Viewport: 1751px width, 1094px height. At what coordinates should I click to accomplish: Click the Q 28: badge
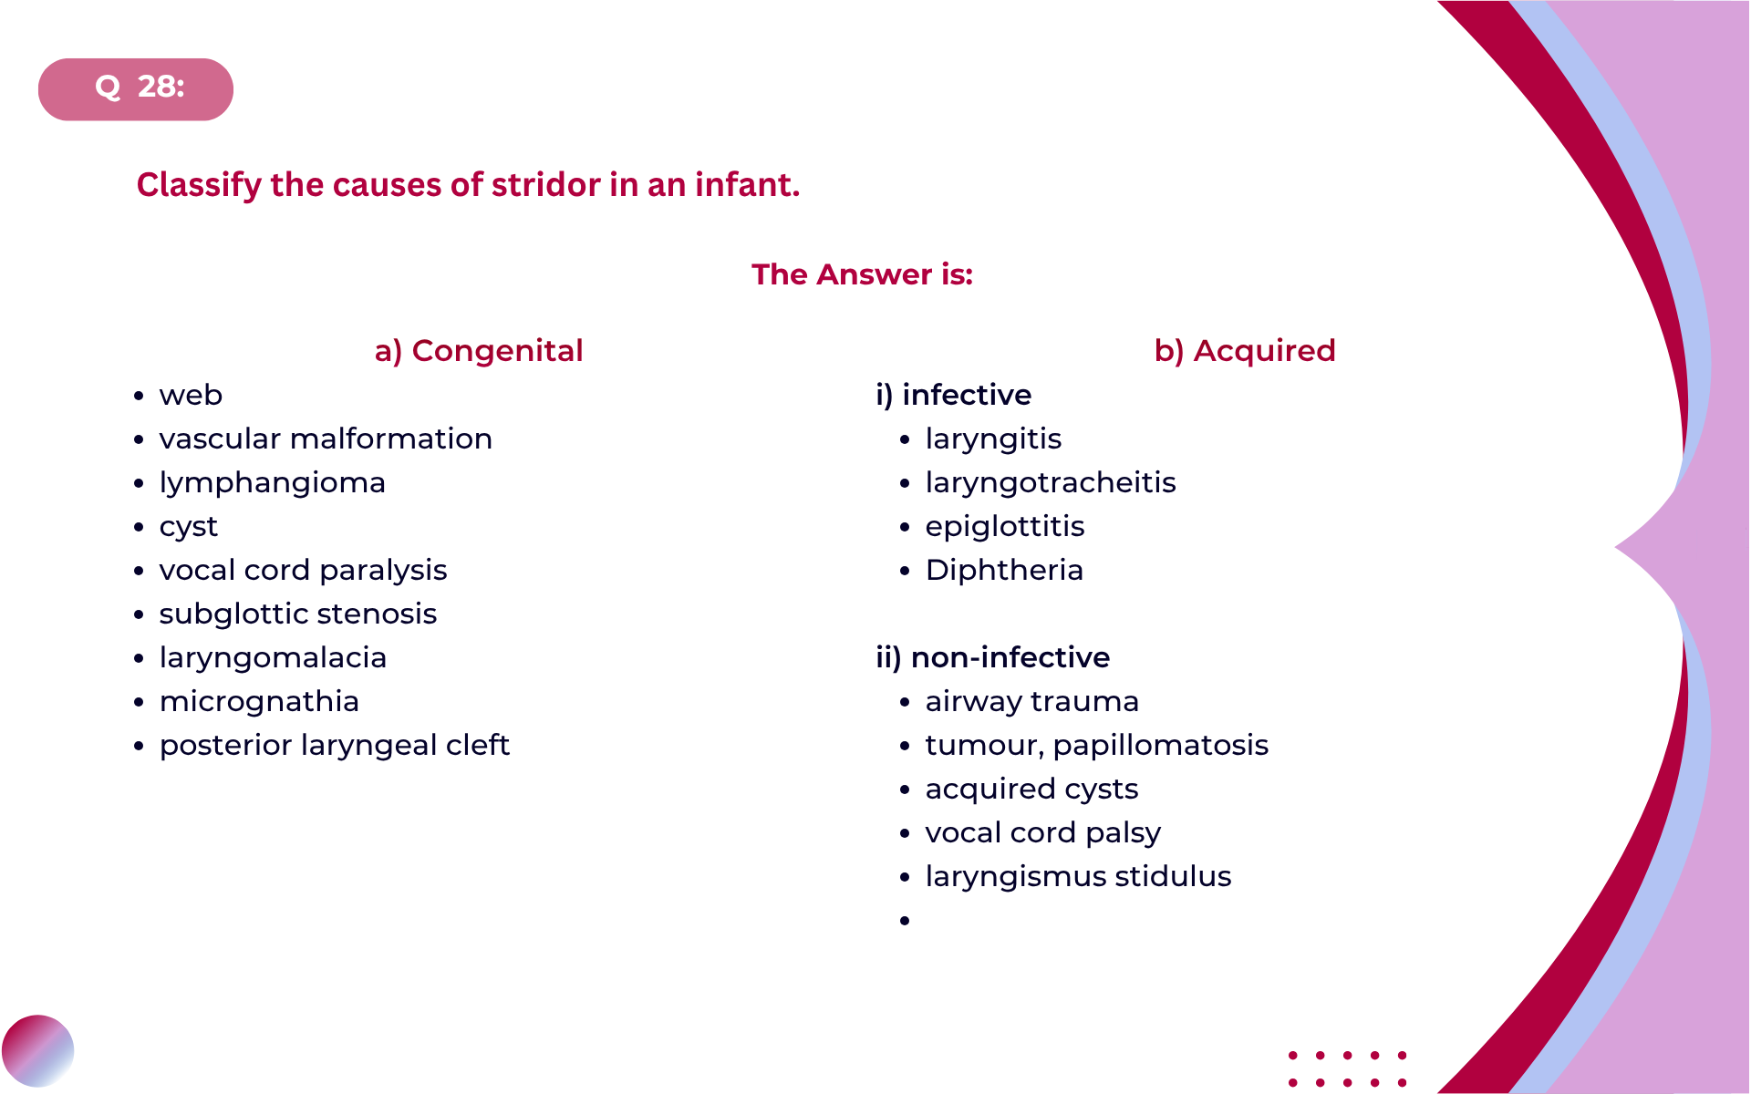[x=136, y=89]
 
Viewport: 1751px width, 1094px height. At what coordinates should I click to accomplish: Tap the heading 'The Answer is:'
[x=862, y=274]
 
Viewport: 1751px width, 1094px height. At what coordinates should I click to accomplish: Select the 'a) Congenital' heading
[x=479, y=351]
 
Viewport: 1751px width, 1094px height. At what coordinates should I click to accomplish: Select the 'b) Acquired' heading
[x=1245, y=351]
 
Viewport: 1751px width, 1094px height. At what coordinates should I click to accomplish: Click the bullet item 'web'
[x=191, y=396]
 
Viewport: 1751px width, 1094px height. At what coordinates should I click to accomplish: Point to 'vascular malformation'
[x=326, y=439]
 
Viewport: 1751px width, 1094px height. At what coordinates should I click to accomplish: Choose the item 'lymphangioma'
[x=273, y=483]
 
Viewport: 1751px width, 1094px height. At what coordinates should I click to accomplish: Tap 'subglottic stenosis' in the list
[x=298, y=614]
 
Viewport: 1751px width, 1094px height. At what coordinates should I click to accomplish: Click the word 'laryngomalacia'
[x=273, y=658]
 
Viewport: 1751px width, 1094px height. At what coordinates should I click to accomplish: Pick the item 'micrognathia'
[x=259, y=702]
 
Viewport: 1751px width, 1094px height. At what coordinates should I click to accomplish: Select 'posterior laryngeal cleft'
[x=335, y=746]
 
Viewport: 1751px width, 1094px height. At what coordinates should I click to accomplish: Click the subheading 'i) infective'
[x=954, y=395]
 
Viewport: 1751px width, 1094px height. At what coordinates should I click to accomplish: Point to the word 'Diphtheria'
[x=1004, y=571]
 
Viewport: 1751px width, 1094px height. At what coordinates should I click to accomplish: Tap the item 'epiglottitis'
[x=1005, y=527]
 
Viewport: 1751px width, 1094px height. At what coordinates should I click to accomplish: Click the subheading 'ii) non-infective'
[x=993, y=657]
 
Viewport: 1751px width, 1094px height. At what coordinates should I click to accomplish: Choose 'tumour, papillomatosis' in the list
[x=1097, y=746]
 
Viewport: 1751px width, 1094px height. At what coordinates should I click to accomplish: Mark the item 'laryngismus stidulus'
[x=1078, y=877]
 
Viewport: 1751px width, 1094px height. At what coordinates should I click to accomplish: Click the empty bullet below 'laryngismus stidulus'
[x=905, y=921]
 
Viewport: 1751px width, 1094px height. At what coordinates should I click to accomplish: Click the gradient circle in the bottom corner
[x=37, y=1051]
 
